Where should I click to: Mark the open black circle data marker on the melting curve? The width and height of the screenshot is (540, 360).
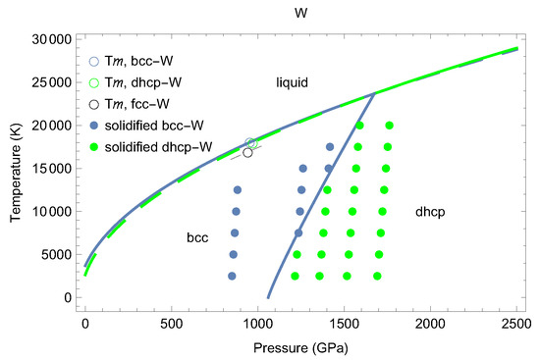point(247,152)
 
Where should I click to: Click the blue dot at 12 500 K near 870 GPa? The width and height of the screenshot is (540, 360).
point(237,189)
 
